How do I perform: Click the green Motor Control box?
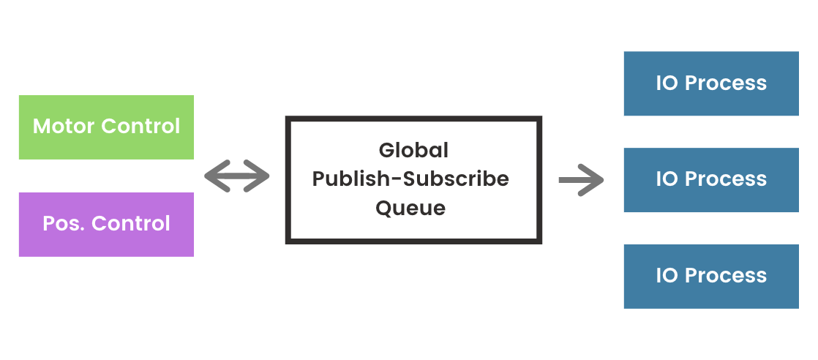106,127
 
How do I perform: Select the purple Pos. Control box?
106,225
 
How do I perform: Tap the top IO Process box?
711,83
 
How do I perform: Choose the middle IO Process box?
711,180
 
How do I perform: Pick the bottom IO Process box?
711,277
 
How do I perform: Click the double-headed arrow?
237,176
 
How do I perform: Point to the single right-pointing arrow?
581,180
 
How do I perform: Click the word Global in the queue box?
413,150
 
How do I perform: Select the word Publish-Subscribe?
410,179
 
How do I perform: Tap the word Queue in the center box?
411,208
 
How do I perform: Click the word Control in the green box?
140,127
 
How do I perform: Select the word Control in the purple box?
131,224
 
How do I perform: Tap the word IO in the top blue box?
667,83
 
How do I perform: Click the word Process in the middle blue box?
726,179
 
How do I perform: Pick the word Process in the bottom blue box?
726,275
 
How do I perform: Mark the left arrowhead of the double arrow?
217,176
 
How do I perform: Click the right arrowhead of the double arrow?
256,176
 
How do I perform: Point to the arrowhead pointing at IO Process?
591,180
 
